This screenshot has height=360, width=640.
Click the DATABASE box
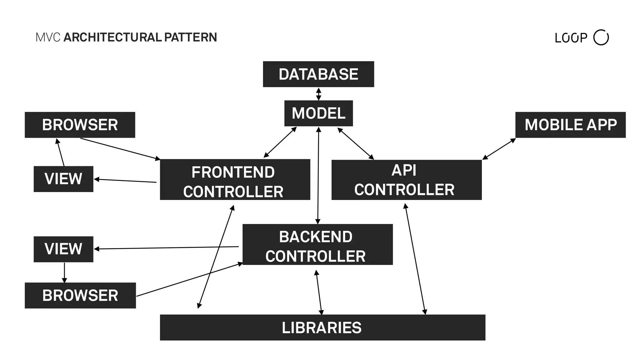coord(318,74)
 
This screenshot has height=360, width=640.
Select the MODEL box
coord(318,113)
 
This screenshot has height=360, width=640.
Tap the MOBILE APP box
coord(570,125)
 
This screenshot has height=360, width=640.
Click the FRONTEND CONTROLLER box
coord(235,179)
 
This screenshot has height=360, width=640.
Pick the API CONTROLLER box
coord(406,180)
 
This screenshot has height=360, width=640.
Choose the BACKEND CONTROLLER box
coord(317,244)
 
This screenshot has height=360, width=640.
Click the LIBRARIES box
coord(322,327)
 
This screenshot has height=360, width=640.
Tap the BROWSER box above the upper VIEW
coord(80,125)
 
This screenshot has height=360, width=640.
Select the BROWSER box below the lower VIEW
coord(80,295)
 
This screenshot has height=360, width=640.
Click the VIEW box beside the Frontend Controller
coord(63,179)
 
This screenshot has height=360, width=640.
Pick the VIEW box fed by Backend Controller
coord(63,249)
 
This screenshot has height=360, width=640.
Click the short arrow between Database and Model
coord(318,94)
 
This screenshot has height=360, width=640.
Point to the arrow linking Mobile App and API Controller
coord(499,149)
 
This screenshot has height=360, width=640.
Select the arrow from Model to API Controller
coord(356,143)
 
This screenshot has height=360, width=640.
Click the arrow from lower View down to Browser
coord(64,272)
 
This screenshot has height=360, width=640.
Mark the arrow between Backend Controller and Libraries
coord(319,292)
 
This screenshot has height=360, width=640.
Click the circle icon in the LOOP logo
coord(601,37)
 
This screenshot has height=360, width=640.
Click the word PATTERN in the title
coord(190,37)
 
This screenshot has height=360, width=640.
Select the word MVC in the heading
coord(48,37)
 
